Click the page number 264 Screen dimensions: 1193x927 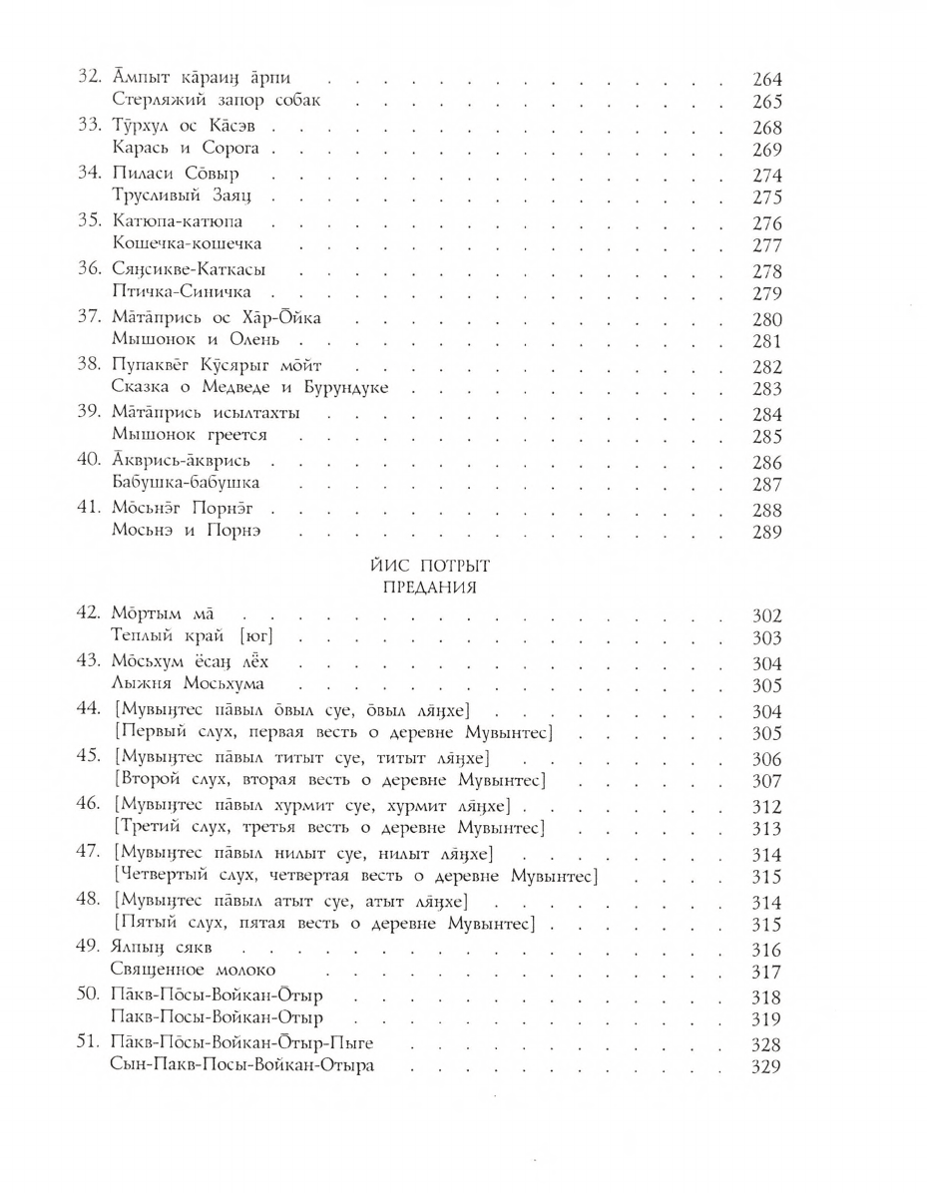(766, 80)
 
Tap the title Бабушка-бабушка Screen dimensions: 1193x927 (187, 484)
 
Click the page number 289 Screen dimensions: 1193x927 (766, 532)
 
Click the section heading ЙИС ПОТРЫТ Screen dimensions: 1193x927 (429, 565)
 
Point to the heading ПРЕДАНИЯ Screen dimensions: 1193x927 (429, 588)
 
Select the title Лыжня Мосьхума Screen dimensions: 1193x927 (189, 685)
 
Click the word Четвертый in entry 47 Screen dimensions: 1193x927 (166, 877)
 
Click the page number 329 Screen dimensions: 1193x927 (766, 1066)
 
